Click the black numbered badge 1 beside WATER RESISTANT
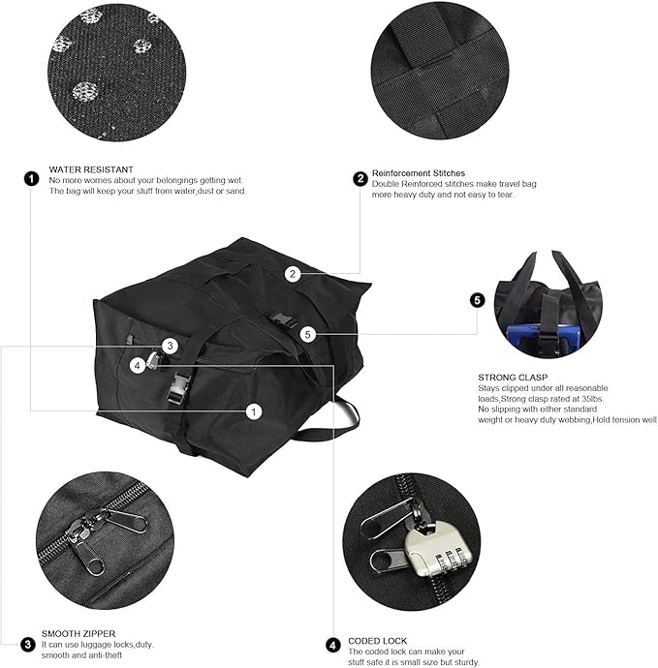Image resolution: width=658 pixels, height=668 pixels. pyautogui.click(x=31, y=178)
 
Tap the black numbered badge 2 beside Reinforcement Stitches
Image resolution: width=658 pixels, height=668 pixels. pyautogui.click(x=360, y=178)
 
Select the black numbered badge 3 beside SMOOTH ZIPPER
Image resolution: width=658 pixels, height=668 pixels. pyautogui.click(x=28, y=644)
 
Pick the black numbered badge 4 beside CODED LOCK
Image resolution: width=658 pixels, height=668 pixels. pyautogui.click(x=333, y=646)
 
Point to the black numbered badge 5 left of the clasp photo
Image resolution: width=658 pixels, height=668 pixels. pyautogui.click(x=477, y=300)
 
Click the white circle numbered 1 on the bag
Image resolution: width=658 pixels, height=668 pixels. pyautogui.click(x=254, y=411)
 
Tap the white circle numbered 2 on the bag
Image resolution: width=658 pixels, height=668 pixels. pyautogui.click(x=293, y=274)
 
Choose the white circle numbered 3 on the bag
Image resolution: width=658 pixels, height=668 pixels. pyautogui.click(x=170, y=346)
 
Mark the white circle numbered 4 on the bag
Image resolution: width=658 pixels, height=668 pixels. pyautogui.click(x=138, y=366)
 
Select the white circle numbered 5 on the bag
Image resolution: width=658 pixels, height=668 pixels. pyautogui.click(x=308, y=334)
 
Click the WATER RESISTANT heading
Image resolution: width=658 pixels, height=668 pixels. pyautogui.click(x=91, y=169)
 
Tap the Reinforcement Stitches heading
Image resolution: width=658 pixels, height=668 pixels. pyautogui.click(x=419, y=173)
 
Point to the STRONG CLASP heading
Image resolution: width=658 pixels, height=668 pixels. pyautogui.click(x=513, y=378)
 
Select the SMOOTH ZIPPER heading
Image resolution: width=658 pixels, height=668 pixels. pyautogui.click(x=78, y=633)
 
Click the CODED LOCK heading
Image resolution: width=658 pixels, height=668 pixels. pyautogui.click(x=377, y=641)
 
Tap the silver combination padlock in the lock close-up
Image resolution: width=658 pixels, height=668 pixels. pyautogui.click(x=437, y=549)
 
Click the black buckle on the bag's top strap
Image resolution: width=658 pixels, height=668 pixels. pyautogui.click(x=280, y=321)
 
